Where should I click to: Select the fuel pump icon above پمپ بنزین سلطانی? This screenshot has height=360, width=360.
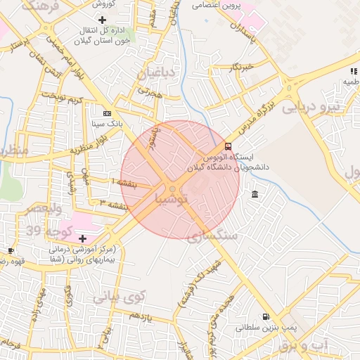pos(266,317)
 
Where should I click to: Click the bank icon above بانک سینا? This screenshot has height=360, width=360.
pos(107,113)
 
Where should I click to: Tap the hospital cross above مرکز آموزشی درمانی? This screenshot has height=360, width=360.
pos(82,239)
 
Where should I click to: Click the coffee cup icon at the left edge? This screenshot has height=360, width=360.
pos(11,250)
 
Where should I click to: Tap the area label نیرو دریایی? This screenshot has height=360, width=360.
pos(309,107)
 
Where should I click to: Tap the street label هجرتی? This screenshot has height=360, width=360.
pos(150,91)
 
